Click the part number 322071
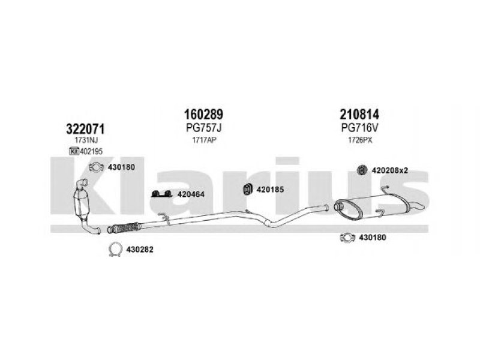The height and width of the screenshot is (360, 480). coord(85,129)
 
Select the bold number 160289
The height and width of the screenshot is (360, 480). coord(203,115)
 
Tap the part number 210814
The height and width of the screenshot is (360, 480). coord(359,115)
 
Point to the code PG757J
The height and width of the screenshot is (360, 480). coord(203,128)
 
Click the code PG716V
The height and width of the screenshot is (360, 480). coord(359,128)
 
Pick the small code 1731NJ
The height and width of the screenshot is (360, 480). coord(86,140)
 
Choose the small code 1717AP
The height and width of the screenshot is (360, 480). coord(204,140)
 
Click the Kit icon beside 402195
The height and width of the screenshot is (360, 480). coord(74,151)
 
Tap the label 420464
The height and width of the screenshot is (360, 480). coord(191,194)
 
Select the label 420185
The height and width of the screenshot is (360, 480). coord(270,190)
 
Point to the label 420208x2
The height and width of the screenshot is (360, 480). coord(389,170)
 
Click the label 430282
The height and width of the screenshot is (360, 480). coord(140,250)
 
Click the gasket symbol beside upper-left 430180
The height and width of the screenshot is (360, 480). coord(96,167)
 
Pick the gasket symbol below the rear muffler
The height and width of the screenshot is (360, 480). coord(347,237)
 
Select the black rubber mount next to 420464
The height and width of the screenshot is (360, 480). coord(161,194)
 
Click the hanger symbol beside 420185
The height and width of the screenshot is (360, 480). coord(247,189)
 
